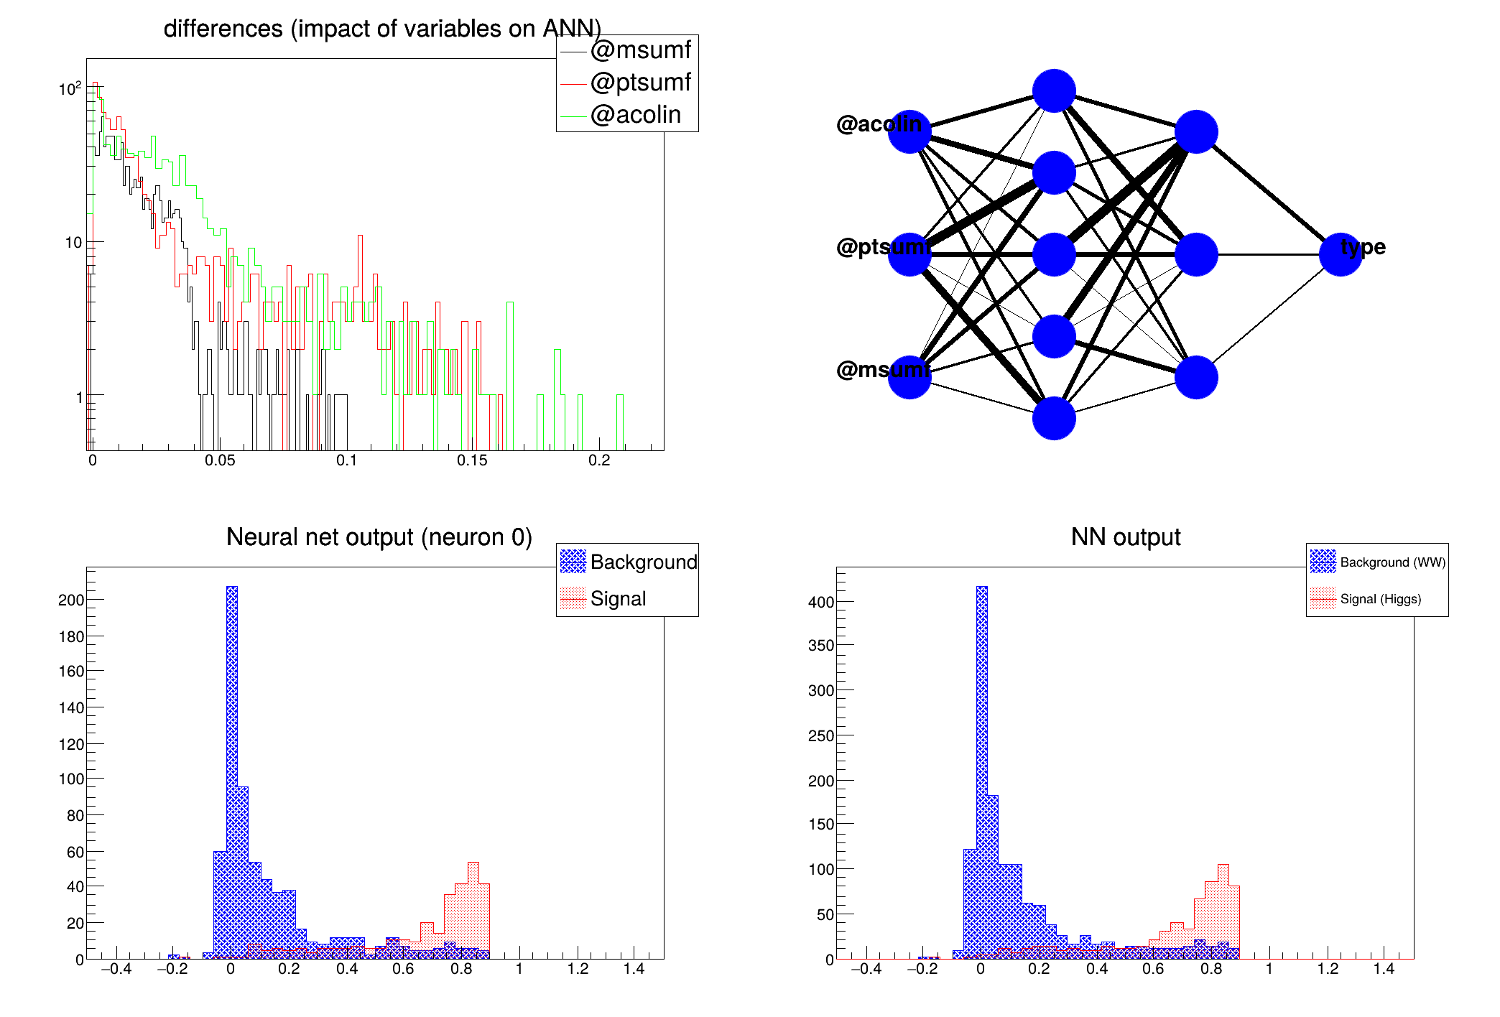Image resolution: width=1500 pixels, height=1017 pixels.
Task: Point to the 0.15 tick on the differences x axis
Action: (472, 460)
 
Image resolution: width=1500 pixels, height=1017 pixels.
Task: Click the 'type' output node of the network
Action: (1341, 254)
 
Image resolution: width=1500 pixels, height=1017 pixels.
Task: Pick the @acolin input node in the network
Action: (909, 132)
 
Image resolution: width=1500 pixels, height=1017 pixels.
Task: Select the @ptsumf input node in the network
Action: (909, 254)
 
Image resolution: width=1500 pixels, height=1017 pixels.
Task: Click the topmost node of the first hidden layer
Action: (1054, 91)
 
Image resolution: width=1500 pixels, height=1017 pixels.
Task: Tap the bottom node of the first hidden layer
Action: (1054, 418)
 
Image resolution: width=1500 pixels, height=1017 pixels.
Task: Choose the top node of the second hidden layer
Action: (1196, 132)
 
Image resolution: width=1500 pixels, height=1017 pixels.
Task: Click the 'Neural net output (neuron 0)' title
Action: (379, 537)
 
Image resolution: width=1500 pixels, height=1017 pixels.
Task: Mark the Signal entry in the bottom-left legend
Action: (618, 598)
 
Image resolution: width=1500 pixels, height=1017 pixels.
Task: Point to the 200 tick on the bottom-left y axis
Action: (71, 600)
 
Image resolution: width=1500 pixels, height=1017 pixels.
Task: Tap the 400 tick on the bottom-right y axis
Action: (821, 602)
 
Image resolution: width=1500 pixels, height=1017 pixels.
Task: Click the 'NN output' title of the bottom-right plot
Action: (1125, 537)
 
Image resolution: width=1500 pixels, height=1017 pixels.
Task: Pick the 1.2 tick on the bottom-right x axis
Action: (1328, 969)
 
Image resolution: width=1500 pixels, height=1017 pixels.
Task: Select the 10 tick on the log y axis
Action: (73, 243)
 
